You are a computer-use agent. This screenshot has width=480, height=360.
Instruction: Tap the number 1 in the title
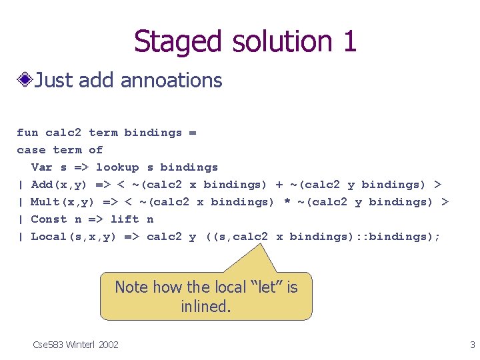click(349, 41)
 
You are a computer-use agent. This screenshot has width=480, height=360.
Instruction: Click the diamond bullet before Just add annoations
click(25, 81)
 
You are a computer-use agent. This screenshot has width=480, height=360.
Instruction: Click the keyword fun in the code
click(27, 133)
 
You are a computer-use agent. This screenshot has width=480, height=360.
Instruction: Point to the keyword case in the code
click(31, 150)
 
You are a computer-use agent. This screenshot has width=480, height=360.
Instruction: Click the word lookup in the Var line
click(117, 167)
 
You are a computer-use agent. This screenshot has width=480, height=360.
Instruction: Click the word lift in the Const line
click(125, 219)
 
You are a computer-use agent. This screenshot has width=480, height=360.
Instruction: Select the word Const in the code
click(49, 219)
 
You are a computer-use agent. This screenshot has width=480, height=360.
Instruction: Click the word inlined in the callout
click(205, 307)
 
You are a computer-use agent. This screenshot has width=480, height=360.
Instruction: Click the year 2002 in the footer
click(108, 345)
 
